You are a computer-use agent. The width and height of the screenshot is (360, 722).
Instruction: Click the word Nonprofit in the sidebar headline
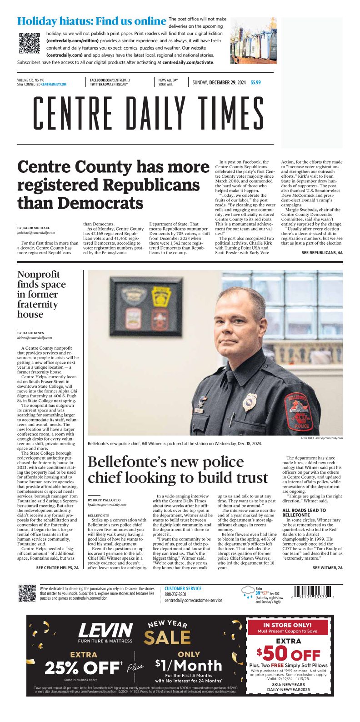[x=39, y=275]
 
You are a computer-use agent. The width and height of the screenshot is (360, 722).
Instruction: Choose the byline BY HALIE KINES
[x=31, y=333]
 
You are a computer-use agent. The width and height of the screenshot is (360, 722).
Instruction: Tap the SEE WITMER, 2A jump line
[x=327, y=568]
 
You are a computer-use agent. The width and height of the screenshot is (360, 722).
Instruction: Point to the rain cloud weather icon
[x=248, y=592]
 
